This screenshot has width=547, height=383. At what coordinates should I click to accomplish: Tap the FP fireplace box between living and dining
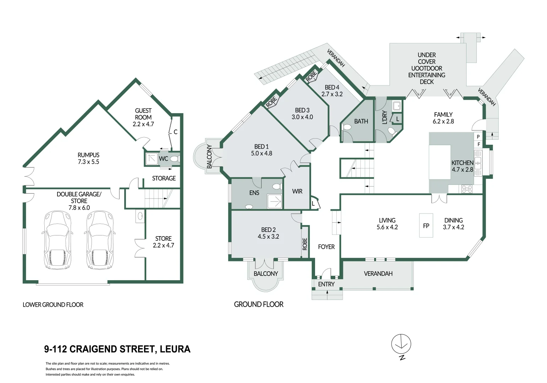tap(426, 226)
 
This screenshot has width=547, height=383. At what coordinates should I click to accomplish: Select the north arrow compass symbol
tap(401, 344)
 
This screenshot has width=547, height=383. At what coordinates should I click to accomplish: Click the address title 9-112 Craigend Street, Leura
tap(117, 349)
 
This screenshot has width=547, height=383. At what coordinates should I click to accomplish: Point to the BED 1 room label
tap(261, 150)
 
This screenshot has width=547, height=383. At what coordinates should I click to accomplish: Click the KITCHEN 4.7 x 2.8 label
tap(462, 166)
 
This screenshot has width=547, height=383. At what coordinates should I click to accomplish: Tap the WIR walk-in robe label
tap(297, 191)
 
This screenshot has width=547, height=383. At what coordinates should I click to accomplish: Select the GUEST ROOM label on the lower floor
tap(143, 117)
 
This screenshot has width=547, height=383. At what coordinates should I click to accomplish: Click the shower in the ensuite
tap(275, 202)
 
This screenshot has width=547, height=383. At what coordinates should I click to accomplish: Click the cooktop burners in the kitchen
tap(467, 189)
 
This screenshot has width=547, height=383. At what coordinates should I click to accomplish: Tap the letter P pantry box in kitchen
tap(478, 137)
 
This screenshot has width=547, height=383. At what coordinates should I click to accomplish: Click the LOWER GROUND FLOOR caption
tap(53, 305)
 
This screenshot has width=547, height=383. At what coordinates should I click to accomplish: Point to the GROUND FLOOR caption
tap(259, 304)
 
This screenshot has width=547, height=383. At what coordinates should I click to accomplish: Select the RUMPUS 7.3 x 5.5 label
tap(88, 159)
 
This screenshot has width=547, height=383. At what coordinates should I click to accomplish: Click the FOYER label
tap(326, 247)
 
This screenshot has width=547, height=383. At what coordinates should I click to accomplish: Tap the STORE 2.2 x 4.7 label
tap(164, 242)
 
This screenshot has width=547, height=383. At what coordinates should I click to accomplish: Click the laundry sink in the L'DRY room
tap(396, 106)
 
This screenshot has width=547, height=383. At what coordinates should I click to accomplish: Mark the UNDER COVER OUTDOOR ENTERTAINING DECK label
tap(427, 68)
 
